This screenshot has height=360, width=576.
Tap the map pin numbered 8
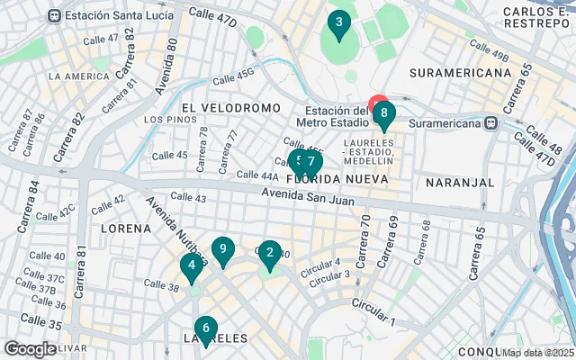(384, 114)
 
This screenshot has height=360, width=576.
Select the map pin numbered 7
(311, 163)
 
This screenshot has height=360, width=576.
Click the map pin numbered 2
(269, 254)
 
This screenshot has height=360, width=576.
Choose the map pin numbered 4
(191, 265)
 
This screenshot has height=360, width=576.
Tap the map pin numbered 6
(205, 329)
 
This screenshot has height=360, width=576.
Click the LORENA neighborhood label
(126, 229)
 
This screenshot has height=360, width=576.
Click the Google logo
(30, 349)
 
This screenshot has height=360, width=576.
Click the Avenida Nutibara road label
(176, 229)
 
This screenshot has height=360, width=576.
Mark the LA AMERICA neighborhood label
(79, 76)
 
